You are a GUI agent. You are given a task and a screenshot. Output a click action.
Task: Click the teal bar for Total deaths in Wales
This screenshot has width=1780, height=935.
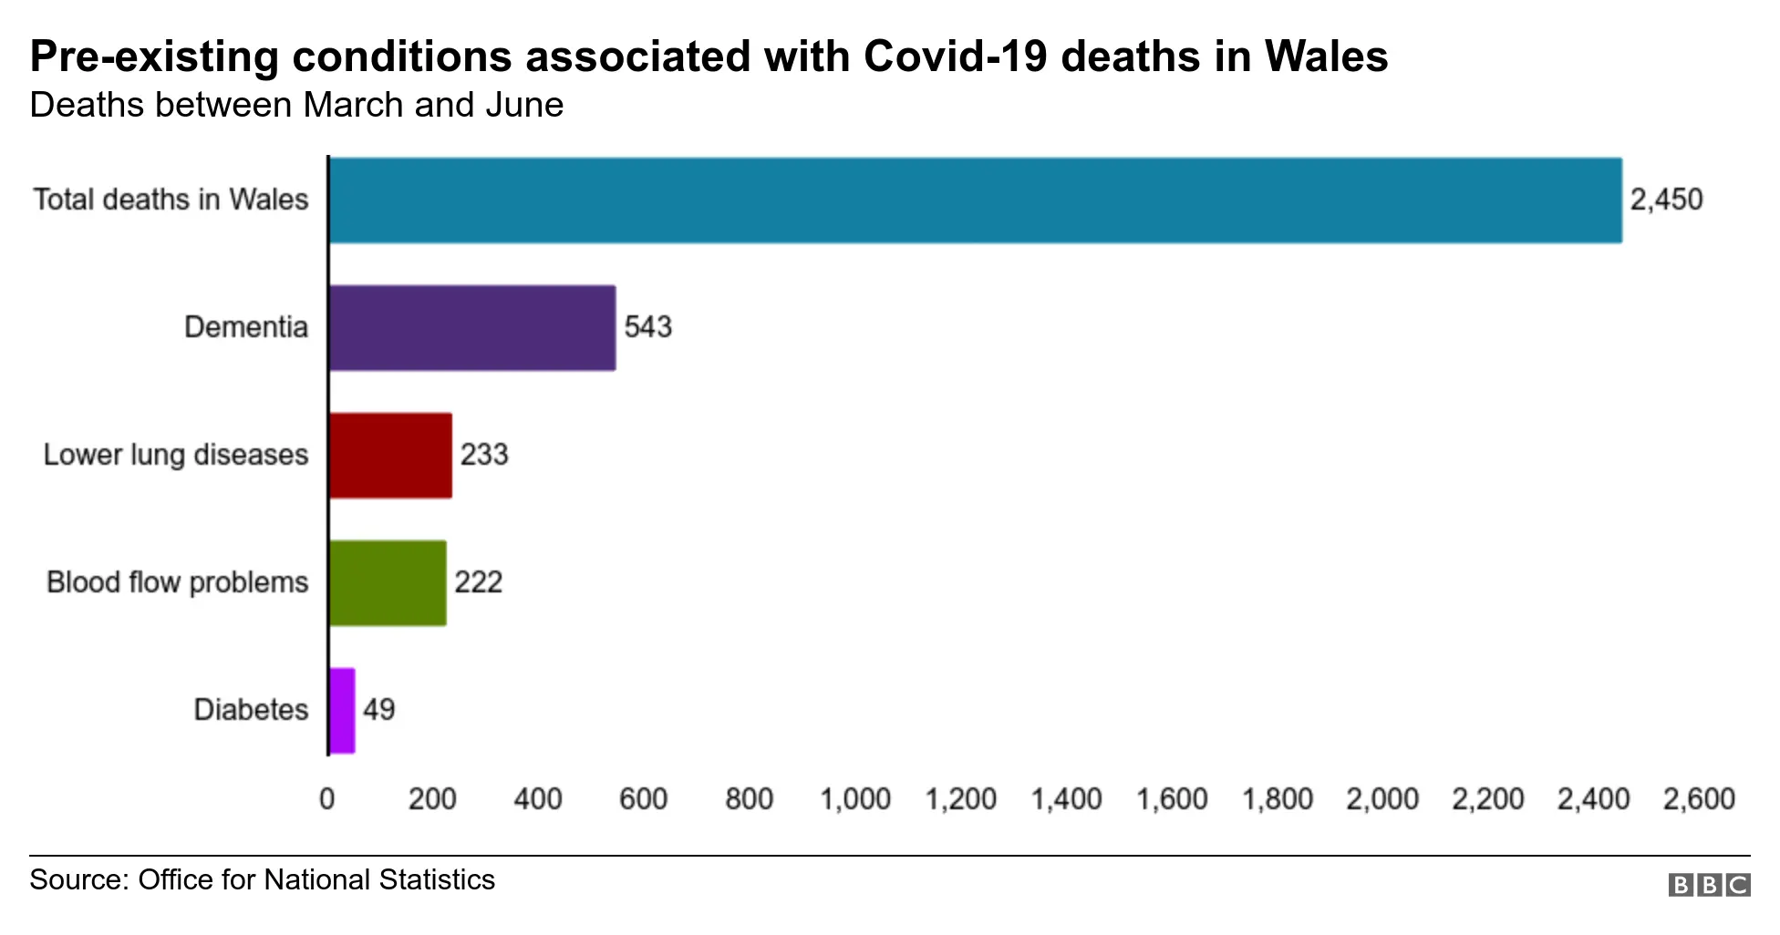pos(974,200)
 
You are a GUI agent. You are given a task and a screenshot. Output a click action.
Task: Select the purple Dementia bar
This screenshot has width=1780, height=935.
pos(471,328)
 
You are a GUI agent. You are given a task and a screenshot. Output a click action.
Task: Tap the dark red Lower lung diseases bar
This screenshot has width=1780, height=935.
pos(390,456)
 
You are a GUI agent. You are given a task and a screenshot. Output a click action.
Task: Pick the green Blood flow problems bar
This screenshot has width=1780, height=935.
pos(388,583)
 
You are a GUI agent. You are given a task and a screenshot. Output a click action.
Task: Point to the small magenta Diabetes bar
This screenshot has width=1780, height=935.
pos(342,711)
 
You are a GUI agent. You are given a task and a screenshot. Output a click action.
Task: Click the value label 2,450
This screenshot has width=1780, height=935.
pos(1666,200)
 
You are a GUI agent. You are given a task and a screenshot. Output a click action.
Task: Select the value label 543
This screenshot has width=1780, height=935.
pos(647,327)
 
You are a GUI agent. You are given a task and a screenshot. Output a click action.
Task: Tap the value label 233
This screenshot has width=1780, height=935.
pos(483,455)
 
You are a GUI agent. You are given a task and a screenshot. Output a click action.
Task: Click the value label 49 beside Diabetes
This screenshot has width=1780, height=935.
pos(378,710)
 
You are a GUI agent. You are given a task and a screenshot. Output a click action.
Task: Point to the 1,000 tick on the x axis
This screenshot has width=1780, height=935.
pos(854,799)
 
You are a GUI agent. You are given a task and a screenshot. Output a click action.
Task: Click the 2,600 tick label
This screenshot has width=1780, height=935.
pos(1698,799)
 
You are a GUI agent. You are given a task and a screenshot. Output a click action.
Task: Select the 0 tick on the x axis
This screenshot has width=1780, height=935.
pos(326,799)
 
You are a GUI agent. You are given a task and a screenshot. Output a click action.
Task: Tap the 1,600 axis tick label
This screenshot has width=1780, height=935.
pos(1171,799)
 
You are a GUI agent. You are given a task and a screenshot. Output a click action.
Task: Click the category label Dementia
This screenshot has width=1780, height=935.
pos(246,327)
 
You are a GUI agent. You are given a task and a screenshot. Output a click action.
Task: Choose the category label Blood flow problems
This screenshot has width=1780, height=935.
pos(178,582)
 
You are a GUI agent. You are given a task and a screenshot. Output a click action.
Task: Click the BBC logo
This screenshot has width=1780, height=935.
pos(1709,885)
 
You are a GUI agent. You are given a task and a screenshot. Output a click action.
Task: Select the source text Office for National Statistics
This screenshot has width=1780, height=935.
pos(316,880)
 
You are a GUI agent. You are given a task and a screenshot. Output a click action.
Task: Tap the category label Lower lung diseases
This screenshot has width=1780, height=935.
pos(176,455)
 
